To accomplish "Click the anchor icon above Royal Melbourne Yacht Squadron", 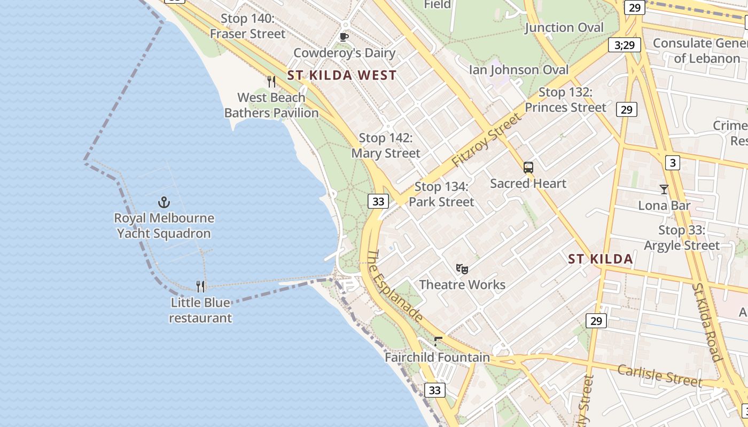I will [164, 202].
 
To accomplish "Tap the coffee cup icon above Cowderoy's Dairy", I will [344, 37].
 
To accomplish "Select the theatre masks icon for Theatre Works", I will [462, 269].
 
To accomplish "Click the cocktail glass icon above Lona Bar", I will [664, 189].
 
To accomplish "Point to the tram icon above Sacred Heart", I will [528, 168].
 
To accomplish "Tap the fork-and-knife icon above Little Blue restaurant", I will [200, 287].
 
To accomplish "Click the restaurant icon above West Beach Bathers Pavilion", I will [271, 82].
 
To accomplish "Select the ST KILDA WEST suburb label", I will [342, 75].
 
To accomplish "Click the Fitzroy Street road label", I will [486, 140].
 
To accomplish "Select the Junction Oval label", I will [564, 28].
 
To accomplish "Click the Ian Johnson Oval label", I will [519, 70].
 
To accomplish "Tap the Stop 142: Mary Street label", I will [386, 146].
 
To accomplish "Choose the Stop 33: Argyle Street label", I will [682, 238].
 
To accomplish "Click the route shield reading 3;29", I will [625, 45].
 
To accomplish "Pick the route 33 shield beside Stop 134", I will [378, 201].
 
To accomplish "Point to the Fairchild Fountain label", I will [437, 358].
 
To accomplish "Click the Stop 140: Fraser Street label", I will [247, 26].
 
